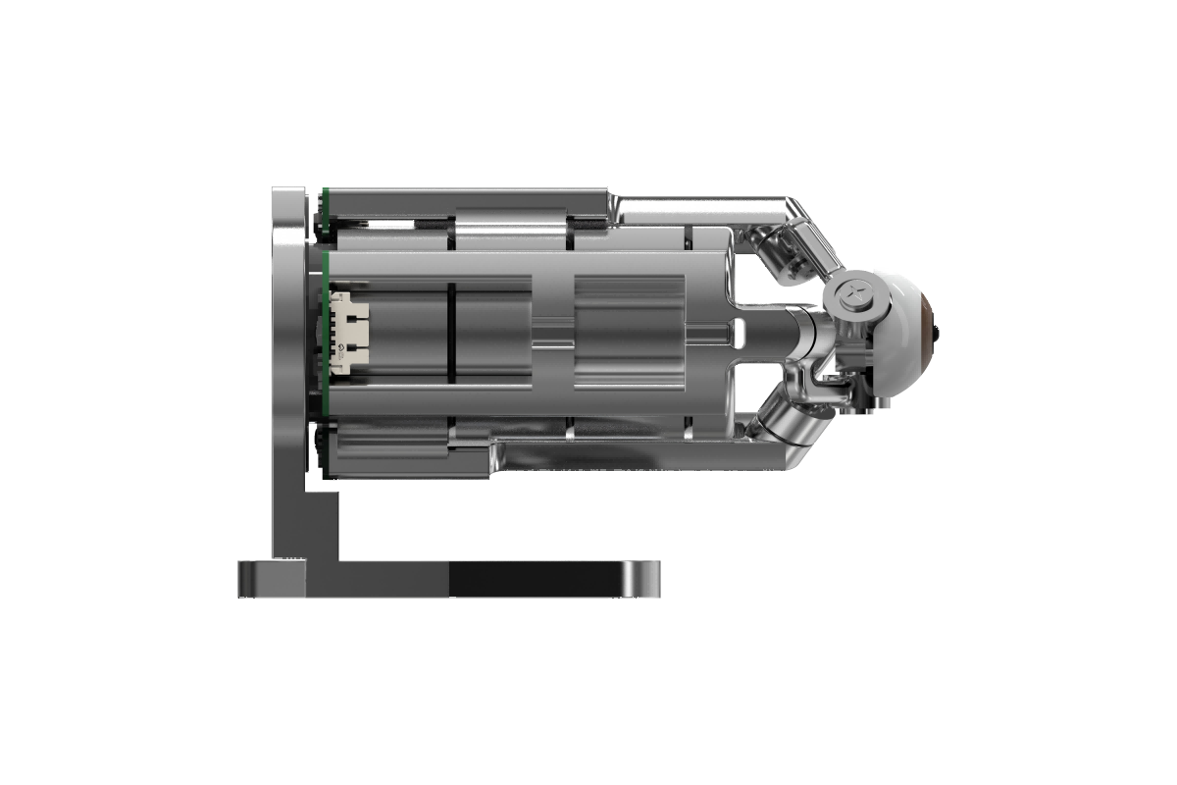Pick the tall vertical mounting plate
pos(290,373)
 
